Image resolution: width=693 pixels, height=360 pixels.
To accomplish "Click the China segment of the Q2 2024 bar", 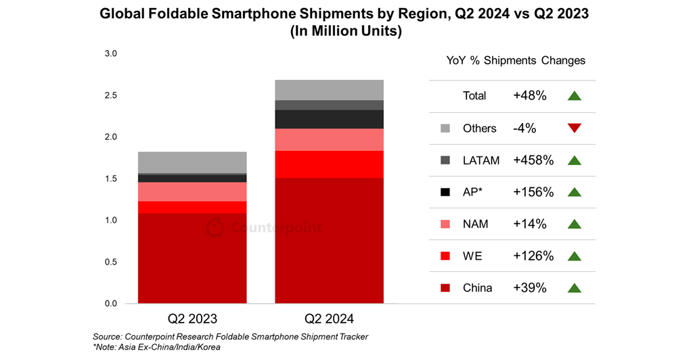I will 329,240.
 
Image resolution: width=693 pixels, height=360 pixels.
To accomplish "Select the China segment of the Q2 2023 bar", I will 192,258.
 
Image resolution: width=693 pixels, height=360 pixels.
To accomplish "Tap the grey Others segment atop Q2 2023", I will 192,162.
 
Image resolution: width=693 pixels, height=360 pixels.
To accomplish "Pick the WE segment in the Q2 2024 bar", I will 329,164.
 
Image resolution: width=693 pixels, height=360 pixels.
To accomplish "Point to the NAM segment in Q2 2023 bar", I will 192,192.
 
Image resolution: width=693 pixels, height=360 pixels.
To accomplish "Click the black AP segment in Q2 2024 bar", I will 329,119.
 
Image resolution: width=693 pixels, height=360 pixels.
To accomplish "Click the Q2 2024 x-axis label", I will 329,318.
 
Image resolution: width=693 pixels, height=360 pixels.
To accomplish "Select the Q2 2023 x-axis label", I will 193,318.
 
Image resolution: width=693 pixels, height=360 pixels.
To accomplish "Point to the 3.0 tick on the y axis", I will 110,53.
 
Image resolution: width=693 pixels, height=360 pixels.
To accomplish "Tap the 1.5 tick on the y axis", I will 110,179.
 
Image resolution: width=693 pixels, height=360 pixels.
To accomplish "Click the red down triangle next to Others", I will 575,129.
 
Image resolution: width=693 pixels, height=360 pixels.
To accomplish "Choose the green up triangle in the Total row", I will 575,96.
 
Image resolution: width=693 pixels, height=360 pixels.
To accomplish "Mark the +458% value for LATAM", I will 533,160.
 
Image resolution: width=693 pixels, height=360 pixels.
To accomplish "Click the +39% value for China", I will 530,288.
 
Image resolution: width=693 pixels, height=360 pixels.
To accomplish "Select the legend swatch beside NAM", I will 445,224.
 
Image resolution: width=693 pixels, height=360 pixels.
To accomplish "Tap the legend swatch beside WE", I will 445,256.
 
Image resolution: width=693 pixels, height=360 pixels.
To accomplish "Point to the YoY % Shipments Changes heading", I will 516,60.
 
